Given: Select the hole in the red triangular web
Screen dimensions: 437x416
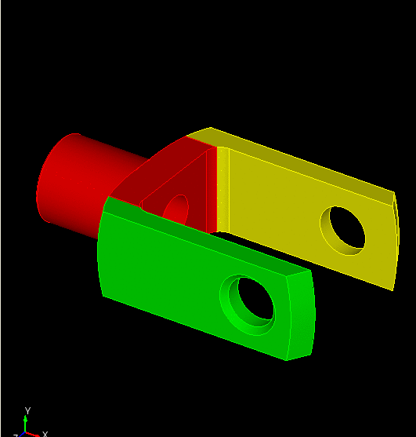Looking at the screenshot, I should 178,208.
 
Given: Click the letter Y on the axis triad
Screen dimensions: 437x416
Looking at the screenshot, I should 27,410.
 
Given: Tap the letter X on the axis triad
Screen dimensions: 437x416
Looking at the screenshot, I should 45,433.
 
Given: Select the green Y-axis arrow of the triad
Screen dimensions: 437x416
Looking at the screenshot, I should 26,422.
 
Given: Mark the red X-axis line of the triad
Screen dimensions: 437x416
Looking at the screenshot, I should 33,432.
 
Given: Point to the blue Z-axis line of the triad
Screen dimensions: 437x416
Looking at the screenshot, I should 20,434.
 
